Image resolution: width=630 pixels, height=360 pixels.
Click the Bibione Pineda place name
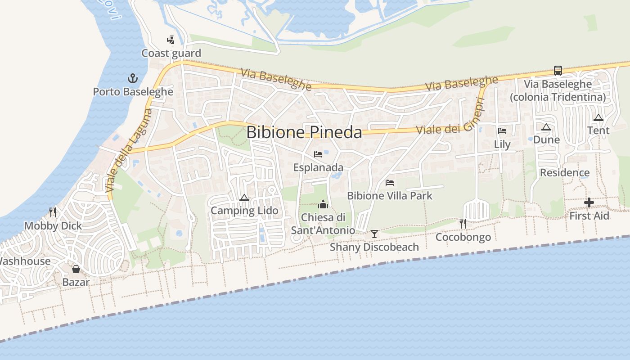[304, 132]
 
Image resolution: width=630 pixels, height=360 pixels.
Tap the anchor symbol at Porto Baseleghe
[133, 78]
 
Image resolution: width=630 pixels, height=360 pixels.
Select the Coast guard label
[171, 53]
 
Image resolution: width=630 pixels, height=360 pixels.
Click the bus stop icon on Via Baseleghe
[558, 71]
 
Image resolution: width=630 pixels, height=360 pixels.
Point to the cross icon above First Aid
[589, 202]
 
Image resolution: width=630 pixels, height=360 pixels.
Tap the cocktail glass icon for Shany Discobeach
[374, 234]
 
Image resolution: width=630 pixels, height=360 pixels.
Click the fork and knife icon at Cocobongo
[463, 223]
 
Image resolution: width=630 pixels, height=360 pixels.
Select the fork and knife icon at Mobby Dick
[53, 212]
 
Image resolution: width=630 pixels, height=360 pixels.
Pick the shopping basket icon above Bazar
[76, 269]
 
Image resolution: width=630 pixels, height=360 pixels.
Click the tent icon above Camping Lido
[244, 198]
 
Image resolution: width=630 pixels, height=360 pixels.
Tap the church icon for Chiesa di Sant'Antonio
[323, 205]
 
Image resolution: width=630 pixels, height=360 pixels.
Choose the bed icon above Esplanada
[318, 154]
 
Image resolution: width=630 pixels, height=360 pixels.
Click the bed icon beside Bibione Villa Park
[390, 183]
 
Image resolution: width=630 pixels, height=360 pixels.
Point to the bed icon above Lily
[502, 131]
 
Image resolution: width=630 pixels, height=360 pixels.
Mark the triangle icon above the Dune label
[546, 127]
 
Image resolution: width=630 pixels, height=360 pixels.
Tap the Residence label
[565, 173]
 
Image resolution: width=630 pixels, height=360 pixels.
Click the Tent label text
[598, 130]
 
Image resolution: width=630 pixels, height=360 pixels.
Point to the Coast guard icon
[171, 40]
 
